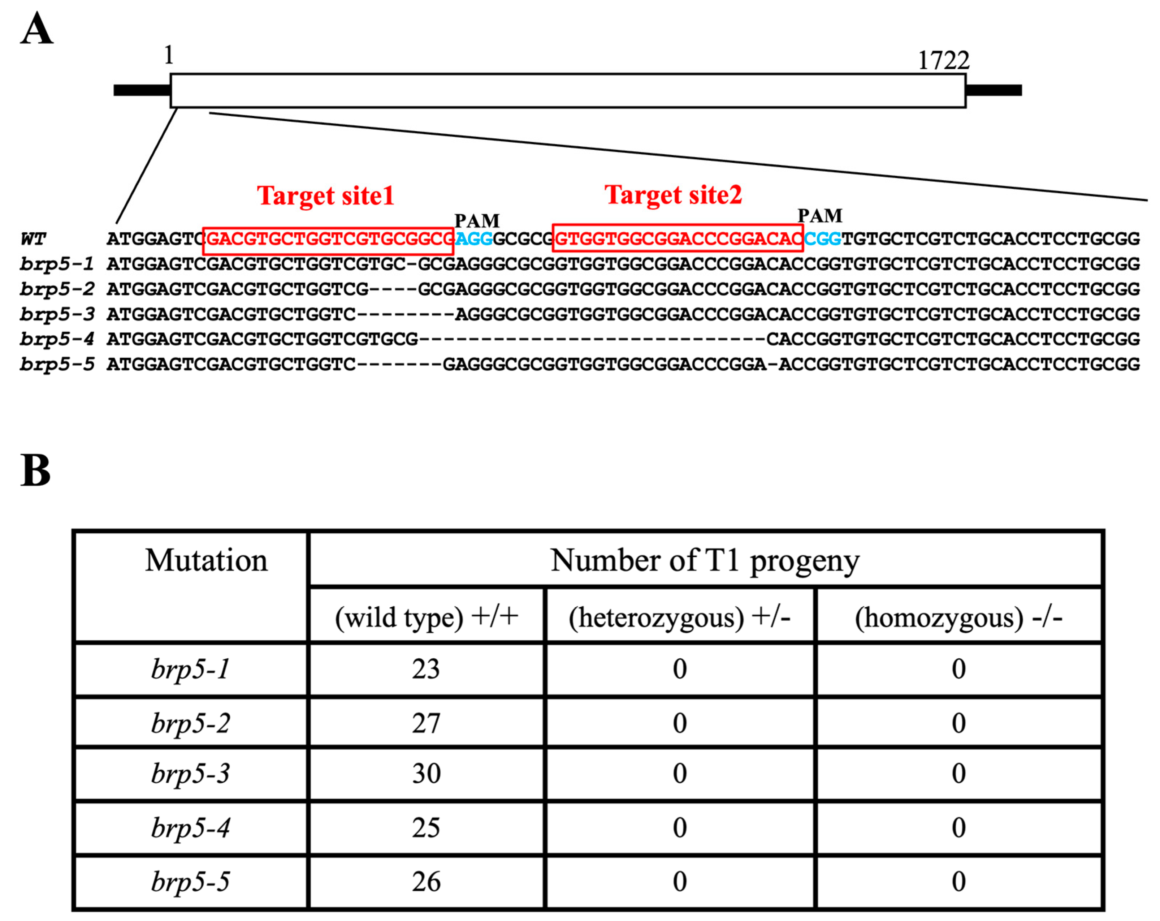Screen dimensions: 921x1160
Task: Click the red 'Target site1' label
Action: pos(325,195)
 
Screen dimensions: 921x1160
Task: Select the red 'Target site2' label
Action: pos(673,194)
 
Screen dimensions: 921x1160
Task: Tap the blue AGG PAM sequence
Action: pos(473,238)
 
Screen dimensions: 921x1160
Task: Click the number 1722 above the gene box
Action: pos(943,60)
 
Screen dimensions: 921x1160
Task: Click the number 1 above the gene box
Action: pos(168,55)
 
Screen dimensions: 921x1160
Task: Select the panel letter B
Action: pos(35,470)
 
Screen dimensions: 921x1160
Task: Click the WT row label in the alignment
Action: pos(33,238)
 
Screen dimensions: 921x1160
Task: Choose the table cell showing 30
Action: pos(426,774)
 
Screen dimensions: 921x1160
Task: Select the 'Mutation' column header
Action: pos(206,560)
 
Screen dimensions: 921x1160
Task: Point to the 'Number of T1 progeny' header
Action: pos(705,560)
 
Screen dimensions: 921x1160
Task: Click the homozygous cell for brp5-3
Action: pos(958,774)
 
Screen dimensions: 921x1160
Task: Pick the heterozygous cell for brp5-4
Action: pos(680,827)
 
